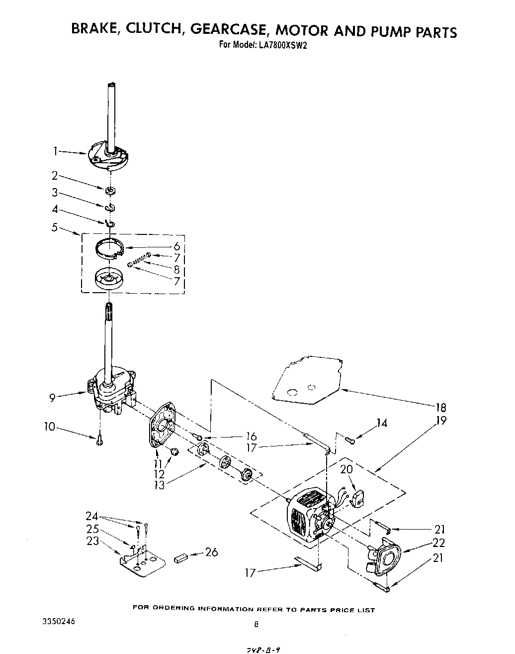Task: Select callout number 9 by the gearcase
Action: point(52,397)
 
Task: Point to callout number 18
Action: point(440,407)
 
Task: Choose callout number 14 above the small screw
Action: point(381,423)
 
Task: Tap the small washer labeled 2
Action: point(110,190)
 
